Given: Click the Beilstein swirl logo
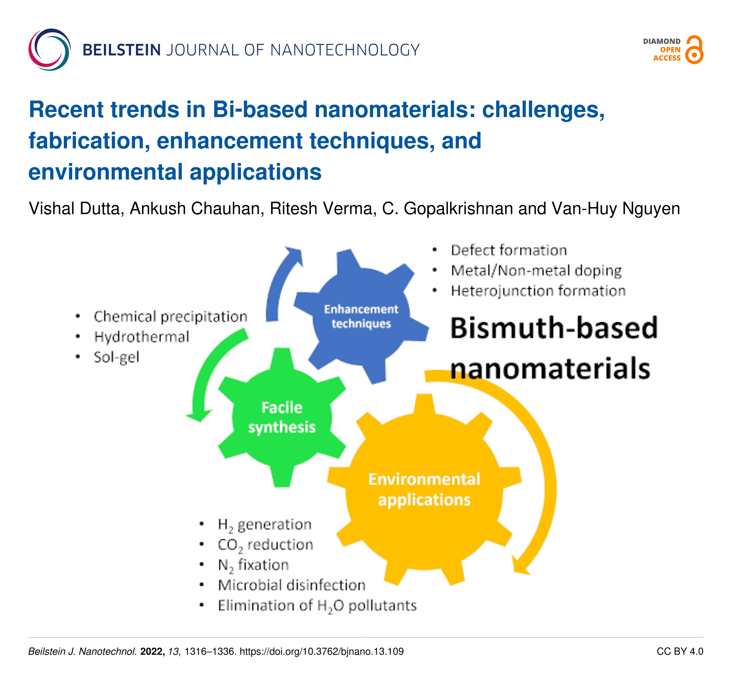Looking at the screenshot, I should (x=49, y=50).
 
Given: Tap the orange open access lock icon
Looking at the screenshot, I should (x=694, y=50).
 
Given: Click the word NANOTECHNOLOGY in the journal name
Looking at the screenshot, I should (x=345, y=50).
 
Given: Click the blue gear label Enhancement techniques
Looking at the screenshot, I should (x=361, y=316).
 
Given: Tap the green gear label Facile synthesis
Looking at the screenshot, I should (x=282, y=418).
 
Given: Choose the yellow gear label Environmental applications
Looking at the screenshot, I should (x=424, y=489).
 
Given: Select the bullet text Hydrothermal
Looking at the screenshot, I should (x=141, y=337).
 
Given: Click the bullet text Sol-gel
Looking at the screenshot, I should (x=116, y=357).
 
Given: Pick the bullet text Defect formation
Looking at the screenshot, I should (x=509, y=250).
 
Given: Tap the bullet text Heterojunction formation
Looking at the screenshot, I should (x=538, y=291).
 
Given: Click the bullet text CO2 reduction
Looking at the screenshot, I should (x=265, y=545).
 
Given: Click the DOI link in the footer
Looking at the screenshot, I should (x=321, y=652).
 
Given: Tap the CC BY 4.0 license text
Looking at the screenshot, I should (x=680, y=652).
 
